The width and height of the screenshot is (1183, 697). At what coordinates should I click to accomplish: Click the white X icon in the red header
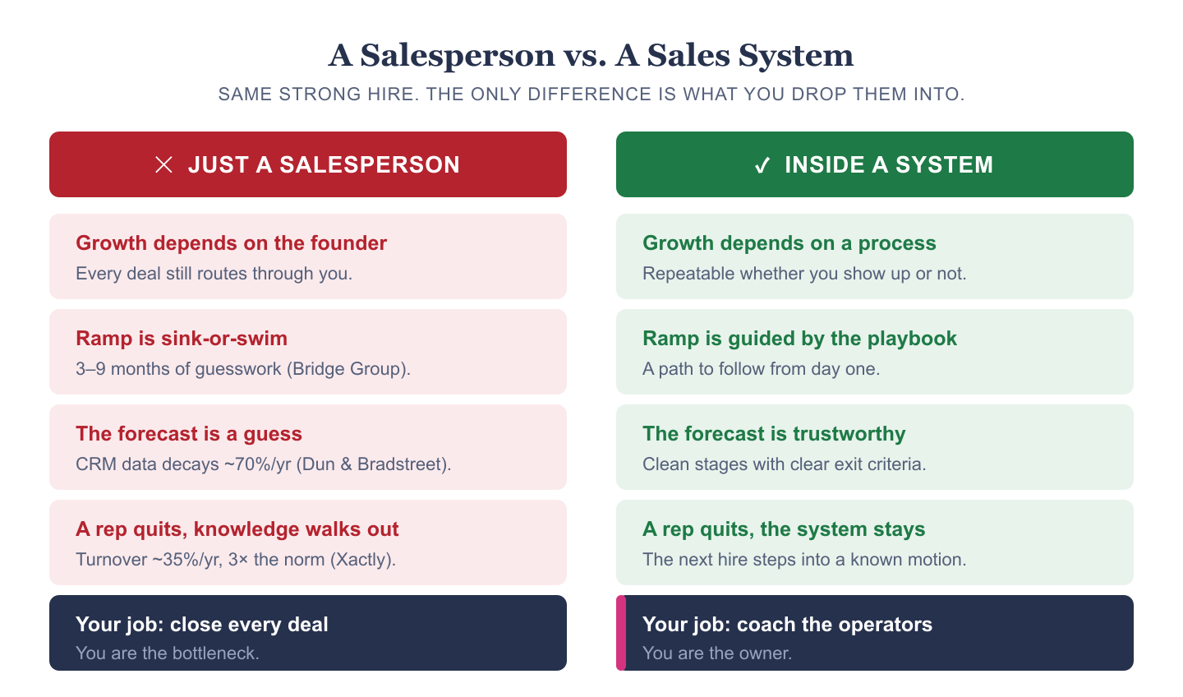pos(163,165)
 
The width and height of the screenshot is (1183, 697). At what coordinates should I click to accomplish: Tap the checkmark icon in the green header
pos(762,165)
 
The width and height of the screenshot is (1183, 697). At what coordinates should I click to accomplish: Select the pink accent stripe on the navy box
pos(621,633)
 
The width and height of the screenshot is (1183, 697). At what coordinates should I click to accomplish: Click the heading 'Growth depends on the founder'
pos(232,243)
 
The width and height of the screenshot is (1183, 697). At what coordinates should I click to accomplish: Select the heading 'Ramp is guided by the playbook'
pos(799,339)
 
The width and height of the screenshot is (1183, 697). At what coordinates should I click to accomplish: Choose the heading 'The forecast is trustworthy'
pos(774,434)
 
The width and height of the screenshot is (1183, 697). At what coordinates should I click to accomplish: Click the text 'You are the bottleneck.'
pos(168,653)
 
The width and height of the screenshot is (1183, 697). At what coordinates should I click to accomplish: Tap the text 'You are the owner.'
pos(717,653)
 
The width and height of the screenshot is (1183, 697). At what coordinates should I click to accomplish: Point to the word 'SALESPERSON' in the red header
pos(370,165)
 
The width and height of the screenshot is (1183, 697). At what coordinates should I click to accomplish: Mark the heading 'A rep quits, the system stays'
pos(784,529)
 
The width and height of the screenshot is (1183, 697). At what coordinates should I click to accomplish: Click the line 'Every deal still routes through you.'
pos(214,274)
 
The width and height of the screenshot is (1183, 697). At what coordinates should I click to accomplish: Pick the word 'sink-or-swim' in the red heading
pos(224,339)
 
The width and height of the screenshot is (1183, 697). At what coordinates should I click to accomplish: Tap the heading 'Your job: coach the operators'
pos(787,625)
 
